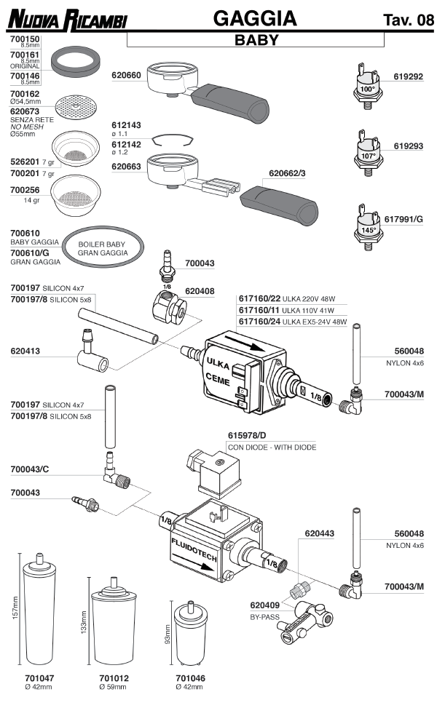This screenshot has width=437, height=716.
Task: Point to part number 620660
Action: (126, 75)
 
